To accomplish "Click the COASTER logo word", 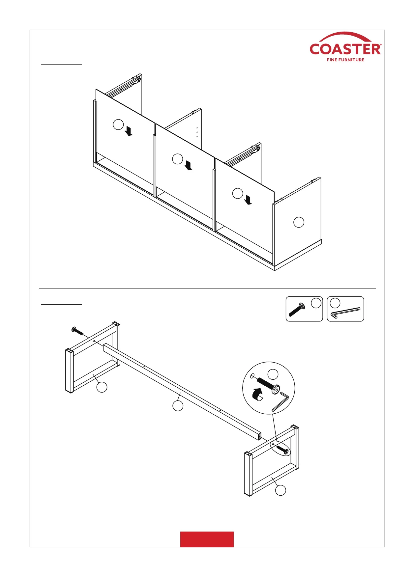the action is (x=345, y=49).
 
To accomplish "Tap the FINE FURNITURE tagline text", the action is (x=345, y=60).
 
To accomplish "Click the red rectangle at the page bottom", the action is (x=207, y=539).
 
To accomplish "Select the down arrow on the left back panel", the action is (x=129, y=131).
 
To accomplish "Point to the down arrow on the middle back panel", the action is (x=189, y=165).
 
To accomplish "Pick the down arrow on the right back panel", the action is (x=248, y=200).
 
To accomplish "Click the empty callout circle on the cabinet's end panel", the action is (x=299, y=222).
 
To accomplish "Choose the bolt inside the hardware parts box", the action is (x=297, y=310).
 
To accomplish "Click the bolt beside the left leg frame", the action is (x=77, y=330).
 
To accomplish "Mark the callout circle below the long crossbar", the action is (x=178, y=406).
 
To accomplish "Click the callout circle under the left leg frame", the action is (x=102, y=387).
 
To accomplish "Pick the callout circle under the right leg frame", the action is (x=281, y=490).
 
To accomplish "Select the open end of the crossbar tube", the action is (x=259, y=437).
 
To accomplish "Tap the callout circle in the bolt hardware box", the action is (x=316, y=303).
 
